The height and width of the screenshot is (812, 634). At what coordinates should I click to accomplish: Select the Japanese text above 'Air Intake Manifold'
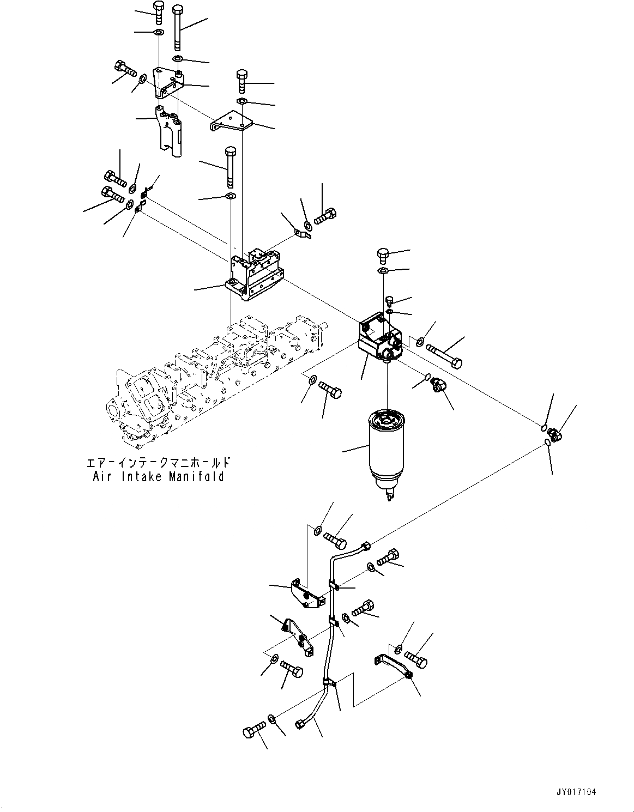coord(158,463)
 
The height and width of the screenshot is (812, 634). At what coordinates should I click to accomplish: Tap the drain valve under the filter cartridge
coord(389,494)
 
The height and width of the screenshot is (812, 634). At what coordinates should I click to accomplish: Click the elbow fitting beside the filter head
coord(438,386)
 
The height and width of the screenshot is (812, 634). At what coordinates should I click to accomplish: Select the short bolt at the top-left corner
coord(158,12)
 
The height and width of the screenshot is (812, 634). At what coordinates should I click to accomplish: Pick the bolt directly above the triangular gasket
coord(383,254)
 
